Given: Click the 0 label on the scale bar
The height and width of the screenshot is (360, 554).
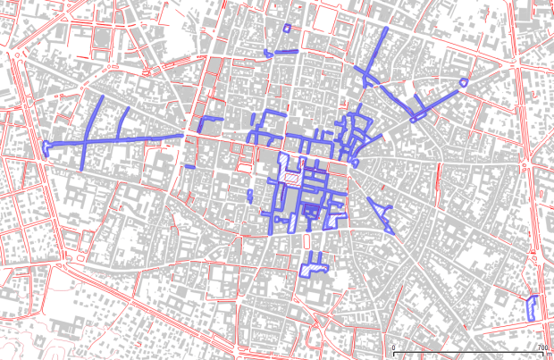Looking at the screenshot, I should pyautogui.click(x=394, y=347).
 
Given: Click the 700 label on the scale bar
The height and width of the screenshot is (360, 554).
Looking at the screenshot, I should pyautogui.click(x=541, y=347).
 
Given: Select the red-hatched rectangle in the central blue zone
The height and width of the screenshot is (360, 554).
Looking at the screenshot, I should pyautogui.click(x=290, y=177).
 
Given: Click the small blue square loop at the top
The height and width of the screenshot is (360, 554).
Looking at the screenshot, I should pyautogui.click(x=287, y=28).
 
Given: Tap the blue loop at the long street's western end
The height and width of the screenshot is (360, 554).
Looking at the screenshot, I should pyautogui.click(x=46, y=147).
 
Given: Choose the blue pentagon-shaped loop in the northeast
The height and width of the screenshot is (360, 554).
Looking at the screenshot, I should pyautogui.click(x=463, y=83).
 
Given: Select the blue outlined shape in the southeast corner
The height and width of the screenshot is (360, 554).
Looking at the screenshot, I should pyautogui.click(x=532, y=306).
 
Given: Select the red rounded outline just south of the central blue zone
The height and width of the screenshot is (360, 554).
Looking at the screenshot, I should pyautogui.click(x=306, y=240).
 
